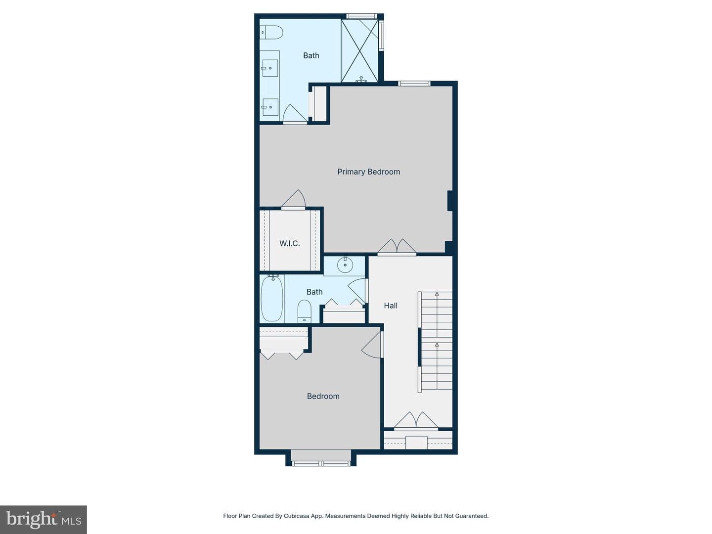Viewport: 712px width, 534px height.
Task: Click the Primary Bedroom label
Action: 368,172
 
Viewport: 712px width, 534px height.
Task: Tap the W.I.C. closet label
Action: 289,243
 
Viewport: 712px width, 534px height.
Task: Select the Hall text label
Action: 391,306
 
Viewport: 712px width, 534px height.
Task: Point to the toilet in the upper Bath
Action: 271,33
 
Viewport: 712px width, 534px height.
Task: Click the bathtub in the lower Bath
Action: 272,298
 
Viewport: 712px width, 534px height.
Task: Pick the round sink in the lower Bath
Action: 345,265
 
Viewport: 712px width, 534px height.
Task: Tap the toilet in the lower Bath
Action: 304,311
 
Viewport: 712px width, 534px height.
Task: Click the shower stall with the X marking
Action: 360,50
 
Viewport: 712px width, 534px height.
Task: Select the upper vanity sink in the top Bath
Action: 270,68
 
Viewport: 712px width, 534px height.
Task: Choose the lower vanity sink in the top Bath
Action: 270,107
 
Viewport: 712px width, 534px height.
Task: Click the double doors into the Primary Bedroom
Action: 397,247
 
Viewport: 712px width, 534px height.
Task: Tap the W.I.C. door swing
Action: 294,199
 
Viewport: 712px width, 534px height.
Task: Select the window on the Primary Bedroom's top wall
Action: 414,84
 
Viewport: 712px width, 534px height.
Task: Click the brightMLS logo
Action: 44,520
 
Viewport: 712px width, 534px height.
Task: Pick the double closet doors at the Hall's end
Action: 416,420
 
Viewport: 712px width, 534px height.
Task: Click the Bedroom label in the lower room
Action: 323,396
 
